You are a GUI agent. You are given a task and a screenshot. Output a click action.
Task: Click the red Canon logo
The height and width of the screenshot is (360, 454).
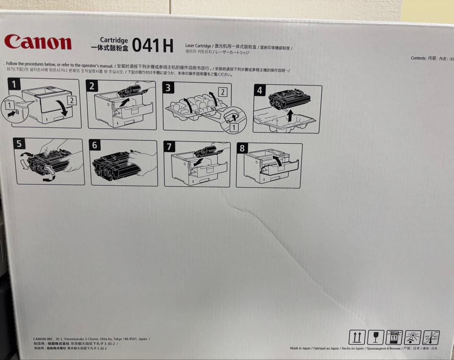[x=38, y=42]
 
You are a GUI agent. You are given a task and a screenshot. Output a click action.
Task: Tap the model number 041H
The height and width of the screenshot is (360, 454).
[x=153, y=46]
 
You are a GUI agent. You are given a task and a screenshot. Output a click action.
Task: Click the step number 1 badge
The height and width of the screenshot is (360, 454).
[x=14, y=84]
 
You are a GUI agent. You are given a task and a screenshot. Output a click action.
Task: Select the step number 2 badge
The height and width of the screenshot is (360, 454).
[x=92, y=87]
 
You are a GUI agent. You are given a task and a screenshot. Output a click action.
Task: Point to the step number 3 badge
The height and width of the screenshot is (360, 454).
[x=168, y=87]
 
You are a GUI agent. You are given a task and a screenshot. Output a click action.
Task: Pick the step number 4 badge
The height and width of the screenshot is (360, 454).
[x=259, y=90]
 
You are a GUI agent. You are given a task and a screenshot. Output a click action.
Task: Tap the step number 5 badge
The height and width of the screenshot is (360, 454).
[x=19, y=144]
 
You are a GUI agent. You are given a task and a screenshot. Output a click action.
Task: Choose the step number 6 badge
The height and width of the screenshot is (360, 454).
[x=95, y=145]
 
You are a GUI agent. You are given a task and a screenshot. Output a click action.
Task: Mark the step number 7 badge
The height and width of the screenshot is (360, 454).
[x=169, y=146]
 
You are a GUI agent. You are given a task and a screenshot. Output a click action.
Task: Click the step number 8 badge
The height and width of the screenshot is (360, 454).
[x=242, y=148]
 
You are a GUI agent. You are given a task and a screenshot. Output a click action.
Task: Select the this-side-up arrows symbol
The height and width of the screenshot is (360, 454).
[x=356, y=337]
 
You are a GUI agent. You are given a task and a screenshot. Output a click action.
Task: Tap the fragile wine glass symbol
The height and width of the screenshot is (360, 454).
[x=375, y=337]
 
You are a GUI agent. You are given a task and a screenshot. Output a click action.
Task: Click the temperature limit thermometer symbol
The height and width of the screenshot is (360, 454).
[x=431, y=337]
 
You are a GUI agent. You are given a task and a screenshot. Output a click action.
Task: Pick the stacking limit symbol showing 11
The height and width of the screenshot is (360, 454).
[x=394, y=337]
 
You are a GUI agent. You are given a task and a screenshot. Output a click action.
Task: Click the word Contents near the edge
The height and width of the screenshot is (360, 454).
[x=418, y=58]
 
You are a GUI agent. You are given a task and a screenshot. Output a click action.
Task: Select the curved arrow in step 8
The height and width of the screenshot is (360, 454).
[x=277, y=160]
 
